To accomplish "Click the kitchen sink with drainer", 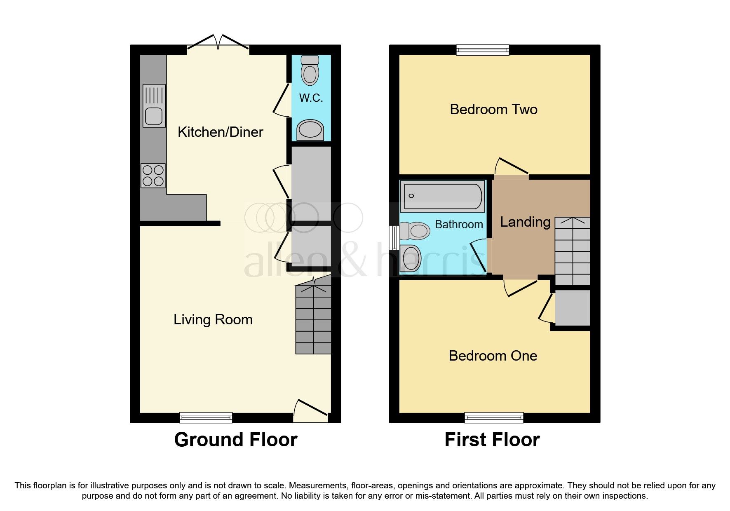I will [154, 106].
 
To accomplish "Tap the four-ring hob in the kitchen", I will [153, 176].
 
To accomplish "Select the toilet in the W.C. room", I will [310, 70].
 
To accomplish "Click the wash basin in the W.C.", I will [310, 130].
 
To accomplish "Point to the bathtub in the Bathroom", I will [442, 196].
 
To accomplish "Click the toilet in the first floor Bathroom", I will [415, 231].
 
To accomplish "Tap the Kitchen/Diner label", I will [220, 132].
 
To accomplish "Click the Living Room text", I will [213, 319].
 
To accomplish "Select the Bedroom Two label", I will [493, 109].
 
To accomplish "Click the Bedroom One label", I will [493, 356].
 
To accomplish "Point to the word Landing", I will [525, 222].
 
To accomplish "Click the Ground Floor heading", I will [235, 440].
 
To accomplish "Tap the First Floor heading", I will [492, 440].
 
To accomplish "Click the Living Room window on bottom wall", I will [206, 418].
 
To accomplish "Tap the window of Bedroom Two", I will [483, 50].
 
